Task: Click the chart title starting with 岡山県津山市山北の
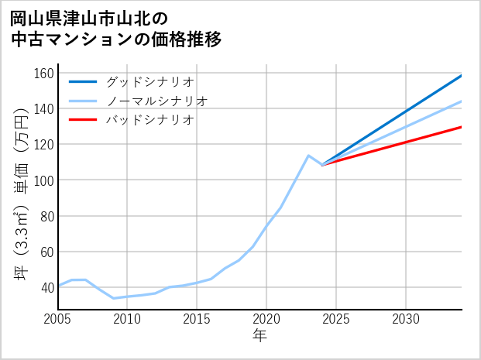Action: (x=116, y=29)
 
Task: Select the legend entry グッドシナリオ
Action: (x=149, y=81)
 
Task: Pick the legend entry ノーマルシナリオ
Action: (x=156, y=101)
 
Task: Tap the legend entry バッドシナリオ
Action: (x=149, y=120)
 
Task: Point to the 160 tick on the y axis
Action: (x=43, y=74)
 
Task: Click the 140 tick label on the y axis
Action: (x=43, y=109)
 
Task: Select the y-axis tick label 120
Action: (x=43, y=145)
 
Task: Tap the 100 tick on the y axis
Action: (x=43, y=180)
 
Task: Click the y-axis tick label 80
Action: (x=46, y=216)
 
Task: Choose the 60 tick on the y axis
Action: (x=46, y=252)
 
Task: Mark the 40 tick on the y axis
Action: (x=46, y=287)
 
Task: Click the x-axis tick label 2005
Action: (x=58, y=319)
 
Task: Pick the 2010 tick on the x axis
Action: (x=127, y=319)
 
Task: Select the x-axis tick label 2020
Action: (x=266, y=319)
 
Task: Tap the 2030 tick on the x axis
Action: (x=406, y=319)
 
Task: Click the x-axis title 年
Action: (x=259, y=336)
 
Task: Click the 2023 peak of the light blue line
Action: (x=308, y=156)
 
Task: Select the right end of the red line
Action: (x=462, y=126)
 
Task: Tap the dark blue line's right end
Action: (x=462, y=76)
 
